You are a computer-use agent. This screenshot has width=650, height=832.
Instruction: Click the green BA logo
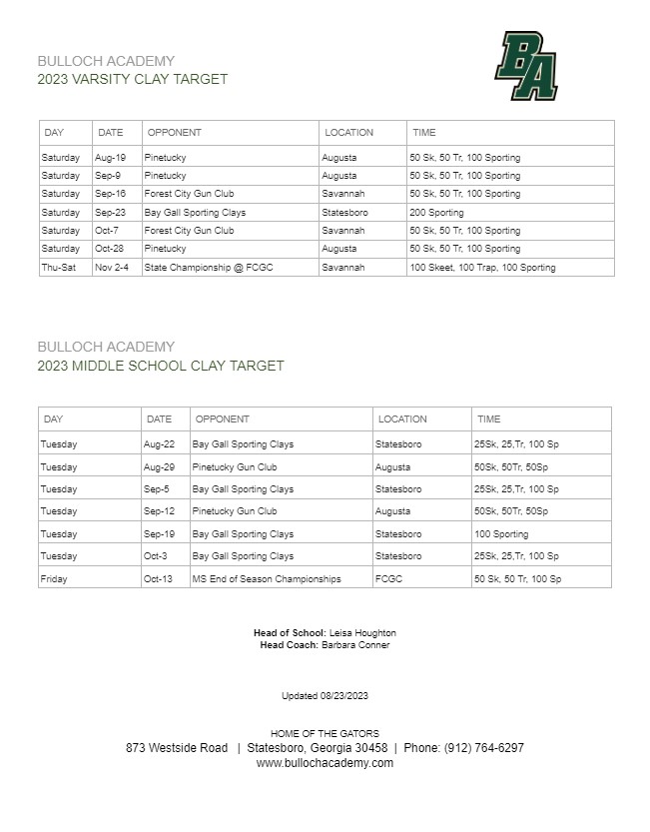[526, 66]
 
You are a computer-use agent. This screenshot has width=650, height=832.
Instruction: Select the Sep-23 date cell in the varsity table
[110, 213]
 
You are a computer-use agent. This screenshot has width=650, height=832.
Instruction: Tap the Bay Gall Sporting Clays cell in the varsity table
[195, 213]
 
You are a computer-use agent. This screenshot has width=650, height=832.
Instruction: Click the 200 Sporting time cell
[436, 213]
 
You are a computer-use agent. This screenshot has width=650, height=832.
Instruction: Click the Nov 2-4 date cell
[113, 268]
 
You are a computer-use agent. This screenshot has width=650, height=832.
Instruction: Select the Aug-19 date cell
[110, 158]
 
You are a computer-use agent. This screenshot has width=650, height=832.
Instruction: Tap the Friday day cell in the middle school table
[54, 579]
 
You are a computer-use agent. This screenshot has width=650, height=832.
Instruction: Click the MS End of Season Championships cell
[267, 579]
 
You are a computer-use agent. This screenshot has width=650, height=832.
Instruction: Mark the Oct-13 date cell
[160, 579]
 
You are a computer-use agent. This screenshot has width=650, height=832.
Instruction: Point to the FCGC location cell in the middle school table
[390, 579]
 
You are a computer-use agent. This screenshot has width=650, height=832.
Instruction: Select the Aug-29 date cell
[160, 467]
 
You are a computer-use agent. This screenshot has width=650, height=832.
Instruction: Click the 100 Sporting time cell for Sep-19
[501, 534]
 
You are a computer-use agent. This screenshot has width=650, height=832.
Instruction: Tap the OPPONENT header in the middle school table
[221, 419]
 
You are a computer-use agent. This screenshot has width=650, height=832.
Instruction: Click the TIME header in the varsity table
[424, 133]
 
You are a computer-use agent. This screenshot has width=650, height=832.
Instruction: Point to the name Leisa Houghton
[362, 633]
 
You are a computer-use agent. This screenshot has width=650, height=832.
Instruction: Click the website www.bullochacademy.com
[325, 763]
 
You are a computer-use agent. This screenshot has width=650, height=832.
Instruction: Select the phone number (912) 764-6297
[485, 747]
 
